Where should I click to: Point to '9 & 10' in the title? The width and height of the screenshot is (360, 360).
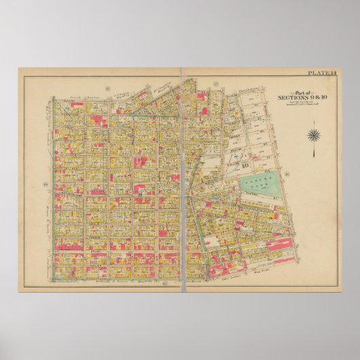click(x=316, y=98)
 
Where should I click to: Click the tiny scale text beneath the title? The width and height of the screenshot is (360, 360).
click(x=302, y=103)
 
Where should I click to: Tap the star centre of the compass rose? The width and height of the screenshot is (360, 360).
click(x=313, y=134)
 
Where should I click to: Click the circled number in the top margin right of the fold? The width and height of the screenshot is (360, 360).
click(x=215, y=84)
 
